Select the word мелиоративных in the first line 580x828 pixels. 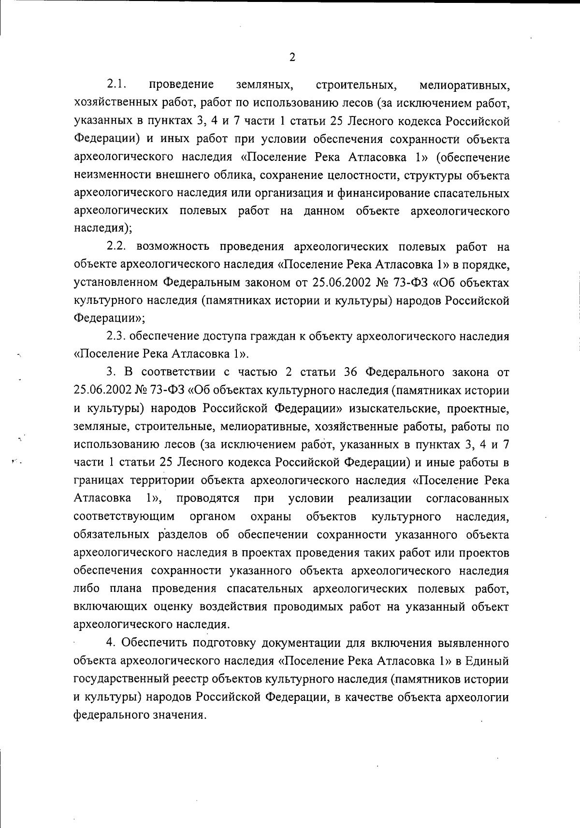[x=464, y=86]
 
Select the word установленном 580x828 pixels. [x=116, y=283]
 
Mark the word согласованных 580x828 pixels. [x=467, y=498]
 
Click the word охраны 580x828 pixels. [x=271, y=516]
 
